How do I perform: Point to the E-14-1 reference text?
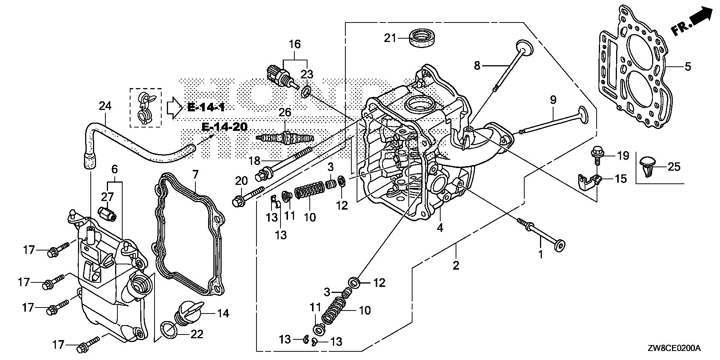point(206,108)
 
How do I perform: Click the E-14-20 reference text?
point(224,127)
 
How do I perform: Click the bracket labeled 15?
point(589,181)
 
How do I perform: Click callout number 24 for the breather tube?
point(105,106)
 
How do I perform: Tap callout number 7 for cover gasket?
point(195,174)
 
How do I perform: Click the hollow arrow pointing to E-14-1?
point(174,108)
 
